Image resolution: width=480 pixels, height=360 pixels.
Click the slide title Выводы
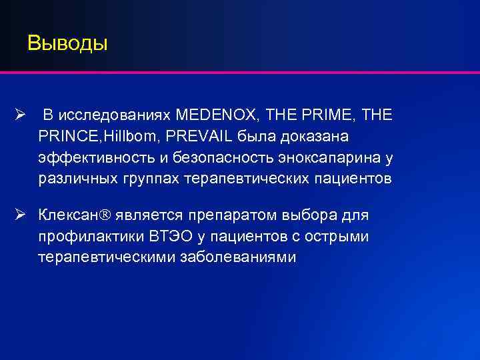67,44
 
